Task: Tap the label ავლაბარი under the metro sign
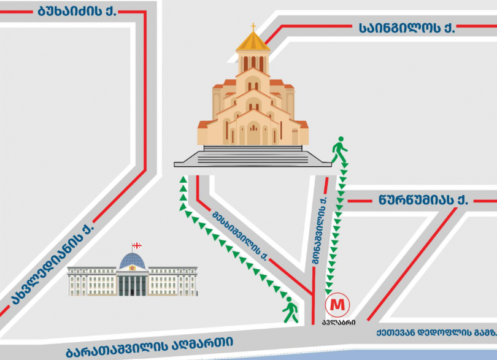[x=338, y=322]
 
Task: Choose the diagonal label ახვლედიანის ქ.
[x=53, y=264]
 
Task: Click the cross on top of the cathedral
[x=253, y=26]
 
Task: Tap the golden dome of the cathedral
[x=253, y=42]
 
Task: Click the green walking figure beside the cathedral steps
[x=339, y=149]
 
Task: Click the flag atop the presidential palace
[x=137, y=246]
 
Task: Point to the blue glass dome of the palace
[x=132, y=261]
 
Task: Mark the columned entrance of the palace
[x=132, y=285]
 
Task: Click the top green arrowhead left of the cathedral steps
[x=182, y=179]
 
